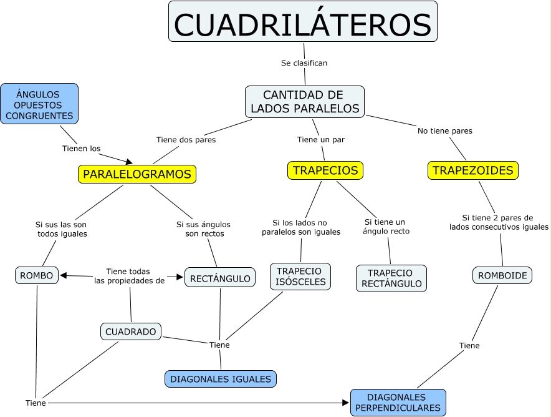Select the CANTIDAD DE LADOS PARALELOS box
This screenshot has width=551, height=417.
point(304,102)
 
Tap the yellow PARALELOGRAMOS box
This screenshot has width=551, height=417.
point(137,174)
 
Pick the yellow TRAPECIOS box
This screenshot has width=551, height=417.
point(325,170)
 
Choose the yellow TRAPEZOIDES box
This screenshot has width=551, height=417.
point(473,170)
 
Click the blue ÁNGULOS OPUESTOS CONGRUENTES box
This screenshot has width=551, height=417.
point(39,103)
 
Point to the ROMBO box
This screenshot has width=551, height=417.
point(37,275)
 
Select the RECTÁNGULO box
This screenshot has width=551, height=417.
point(220,278)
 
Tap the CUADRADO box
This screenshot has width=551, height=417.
point(131,331)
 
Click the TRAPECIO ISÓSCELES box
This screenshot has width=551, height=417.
point(300,277)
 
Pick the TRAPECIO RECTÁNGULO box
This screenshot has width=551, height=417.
point(391,278)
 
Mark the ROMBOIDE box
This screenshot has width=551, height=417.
point(502,275)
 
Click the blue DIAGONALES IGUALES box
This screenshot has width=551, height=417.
point(221,379)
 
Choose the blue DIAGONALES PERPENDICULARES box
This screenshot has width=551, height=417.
point(398,403)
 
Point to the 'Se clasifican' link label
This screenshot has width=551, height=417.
point(304,63)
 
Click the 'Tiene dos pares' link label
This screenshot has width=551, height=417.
point(186,140)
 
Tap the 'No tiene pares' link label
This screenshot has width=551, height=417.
point(444,131)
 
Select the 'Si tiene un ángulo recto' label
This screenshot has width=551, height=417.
point(385,227)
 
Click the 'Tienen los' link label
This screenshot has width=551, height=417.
point(81,149)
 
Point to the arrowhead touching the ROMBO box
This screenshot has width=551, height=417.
point(64,275)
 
